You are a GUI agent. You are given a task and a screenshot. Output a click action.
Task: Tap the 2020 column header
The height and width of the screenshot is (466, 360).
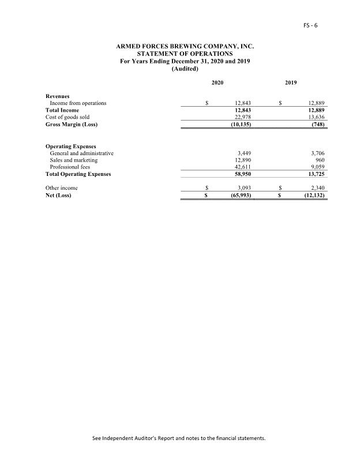tap(217, 84)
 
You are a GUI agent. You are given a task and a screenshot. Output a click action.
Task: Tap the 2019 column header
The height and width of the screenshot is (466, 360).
tap(291, 84)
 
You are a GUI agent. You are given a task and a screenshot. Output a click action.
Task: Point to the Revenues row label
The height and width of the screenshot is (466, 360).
tap(58, 96)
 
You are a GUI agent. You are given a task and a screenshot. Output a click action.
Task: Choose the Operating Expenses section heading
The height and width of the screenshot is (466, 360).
tap(71, 146)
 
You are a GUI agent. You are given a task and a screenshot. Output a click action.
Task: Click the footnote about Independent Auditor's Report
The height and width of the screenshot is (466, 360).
tap(179, 438)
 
